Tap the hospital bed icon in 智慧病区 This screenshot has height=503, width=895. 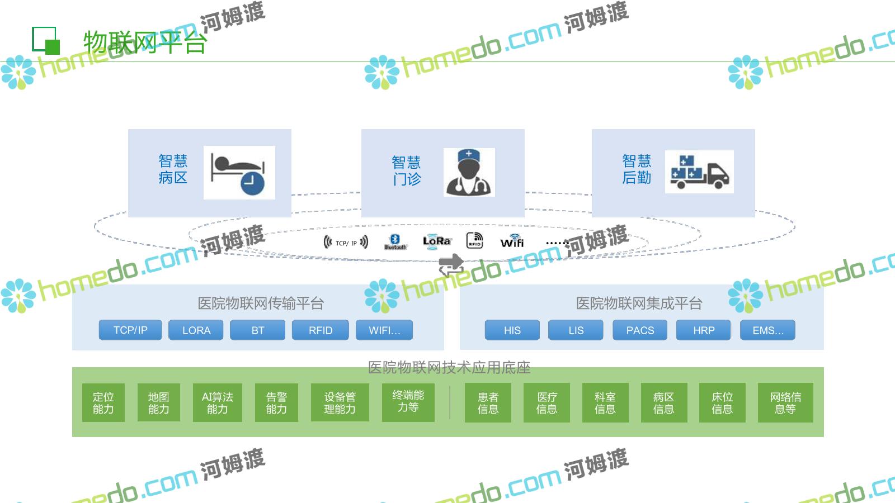(x=239, y=172)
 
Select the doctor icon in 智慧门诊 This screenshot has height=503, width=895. (x=469, y=172)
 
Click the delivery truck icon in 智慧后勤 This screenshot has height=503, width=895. (x=699, y=172)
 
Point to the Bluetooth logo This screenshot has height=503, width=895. (x=395, y=241)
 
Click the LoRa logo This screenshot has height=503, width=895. (x=436, y=241)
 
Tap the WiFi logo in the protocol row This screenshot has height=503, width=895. (x=512, y=241)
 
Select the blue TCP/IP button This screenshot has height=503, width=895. (x=130, y=330)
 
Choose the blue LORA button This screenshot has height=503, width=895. (x=196, y=330)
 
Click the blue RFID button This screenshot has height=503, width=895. (x=321, y=330)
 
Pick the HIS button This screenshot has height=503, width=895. (x=512, y=330)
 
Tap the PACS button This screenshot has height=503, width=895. (x=640, y=330)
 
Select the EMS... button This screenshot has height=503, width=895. (x=768, y=330)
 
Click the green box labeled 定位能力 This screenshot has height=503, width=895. (x=103, y=402)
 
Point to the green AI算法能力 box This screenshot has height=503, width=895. (x=217, y=402)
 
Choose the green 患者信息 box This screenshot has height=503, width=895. (x=488, y=402)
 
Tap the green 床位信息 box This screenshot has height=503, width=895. (x=722, y=402)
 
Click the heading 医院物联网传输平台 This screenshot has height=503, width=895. (x=261, y=303)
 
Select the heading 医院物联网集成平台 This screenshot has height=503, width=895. (x=639, y=303)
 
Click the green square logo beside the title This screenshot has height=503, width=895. (x=46, y=40)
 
